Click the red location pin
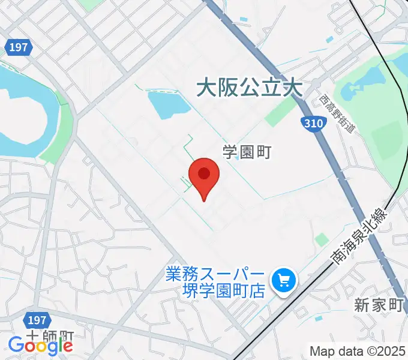click(x=204, y=176)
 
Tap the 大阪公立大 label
click(x=249, y=89)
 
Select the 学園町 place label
click(x=247, y=152)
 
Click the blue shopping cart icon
click(x=283, y=280)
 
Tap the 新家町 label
click(x=378, y=305)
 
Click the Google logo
click(x=40, y=345)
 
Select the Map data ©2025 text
click(x=358, y=350)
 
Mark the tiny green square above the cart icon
click(x=322, y=239)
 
